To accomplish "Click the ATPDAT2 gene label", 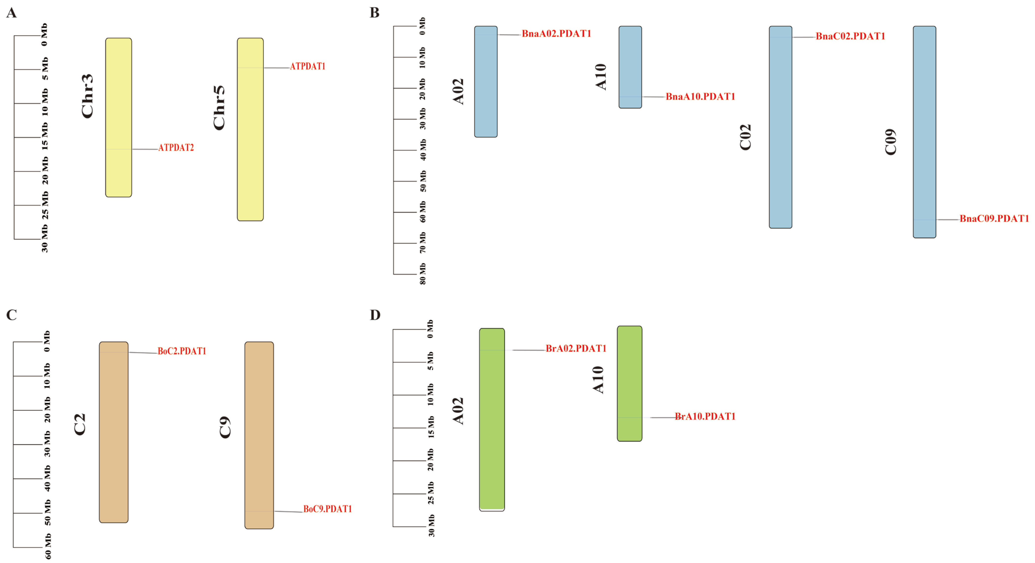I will click(176, 148).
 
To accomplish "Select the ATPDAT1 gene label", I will click(307, 66).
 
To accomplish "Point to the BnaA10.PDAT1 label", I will click(700, 96).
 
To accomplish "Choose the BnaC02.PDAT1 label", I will click(850, 36).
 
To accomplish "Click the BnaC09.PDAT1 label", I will click(994, 219).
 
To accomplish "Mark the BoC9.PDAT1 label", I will click(327, 509).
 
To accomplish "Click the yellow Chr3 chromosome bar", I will click(119, 117).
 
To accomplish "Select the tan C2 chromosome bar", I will click(114, 432).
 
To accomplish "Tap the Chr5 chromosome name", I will click(219, 108).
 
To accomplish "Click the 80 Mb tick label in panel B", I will click(423, 274).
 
